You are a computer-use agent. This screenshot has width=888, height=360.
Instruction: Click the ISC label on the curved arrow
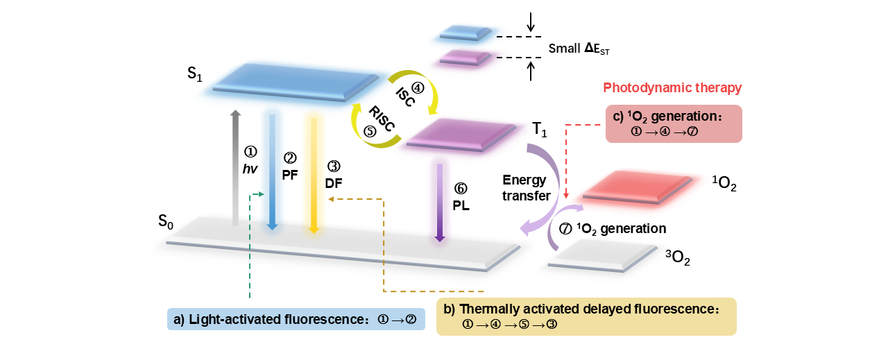(405, 96)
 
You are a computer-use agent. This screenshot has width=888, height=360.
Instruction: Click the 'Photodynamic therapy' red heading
(672, 88)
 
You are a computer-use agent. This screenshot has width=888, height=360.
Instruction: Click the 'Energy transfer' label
(526, 188)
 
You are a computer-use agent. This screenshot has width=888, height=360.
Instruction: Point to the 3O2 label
(678, 259)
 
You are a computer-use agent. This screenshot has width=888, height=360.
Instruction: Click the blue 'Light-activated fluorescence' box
(296, 319)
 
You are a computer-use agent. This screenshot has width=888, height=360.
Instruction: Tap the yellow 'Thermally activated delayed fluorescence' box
(586, 316)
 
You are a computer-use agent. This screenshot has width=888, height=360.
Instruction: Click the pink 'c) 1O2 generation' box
(673, 123)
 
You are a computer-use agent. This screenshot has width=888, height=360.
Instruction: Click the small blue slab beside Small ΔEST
(466, 33)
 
